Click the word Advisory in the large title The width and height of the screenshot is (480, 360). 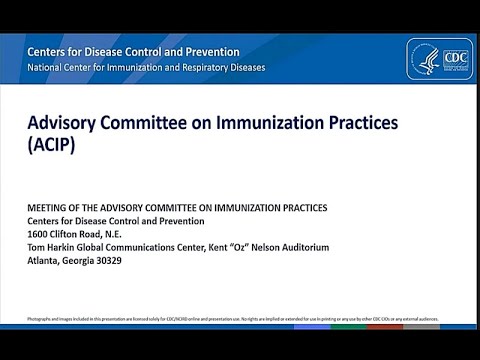(x=61, y=122)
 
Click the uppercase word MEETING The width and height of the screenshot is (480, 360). (x=50, y=208)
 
